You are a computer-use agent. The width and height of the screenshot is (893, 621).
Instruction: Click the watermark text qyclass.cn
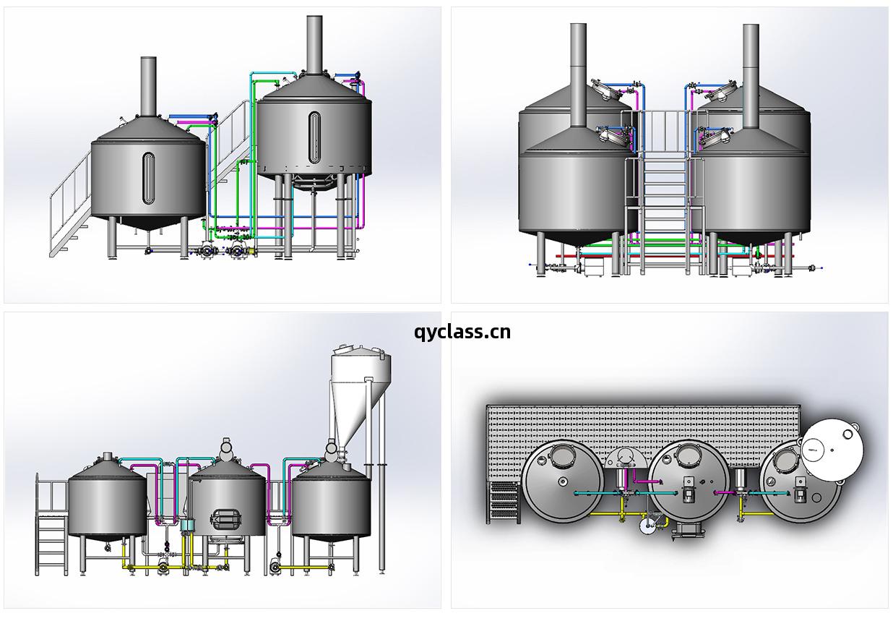pos(462,332)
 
